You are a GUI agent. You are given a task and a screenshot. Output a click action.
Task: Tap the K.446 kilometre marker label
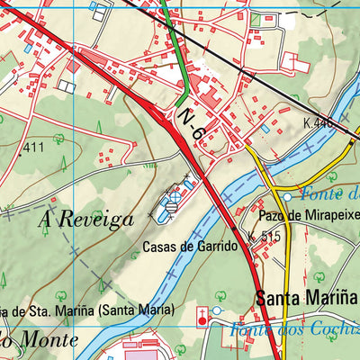pyautogui.click(x=319, y=122)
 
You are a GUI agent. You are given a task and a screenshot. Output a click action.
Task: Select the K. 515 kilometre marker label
pyautogui.click(x=265, y=237)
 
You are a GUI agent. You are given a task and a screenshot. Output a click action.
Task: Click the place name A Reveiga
pyautogui.click(x=86, y=219)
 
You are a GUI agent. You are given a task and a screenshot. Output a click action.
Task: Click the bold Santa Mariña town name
pyautogui.click(x=306, y=298)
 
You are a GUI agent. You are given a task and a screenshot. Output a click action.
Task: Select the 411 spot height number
pyautogui.click(x=34, y=147)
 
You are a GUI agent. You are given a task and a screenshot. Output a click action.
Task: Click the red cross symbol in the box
pyautogui.click(x=202, y=315)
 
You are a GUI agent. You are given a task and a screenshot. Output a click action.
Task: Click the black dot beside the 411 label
pyautogui.click(x=20, y=155)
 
